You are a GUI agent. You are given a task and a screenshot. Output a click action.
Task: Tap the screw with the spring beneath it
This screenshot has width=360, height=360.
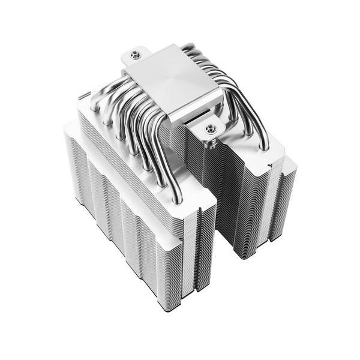209,129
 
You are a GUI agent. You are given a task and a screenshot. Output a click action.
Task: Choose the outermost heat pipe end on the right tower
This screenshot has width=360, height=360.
265,146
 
